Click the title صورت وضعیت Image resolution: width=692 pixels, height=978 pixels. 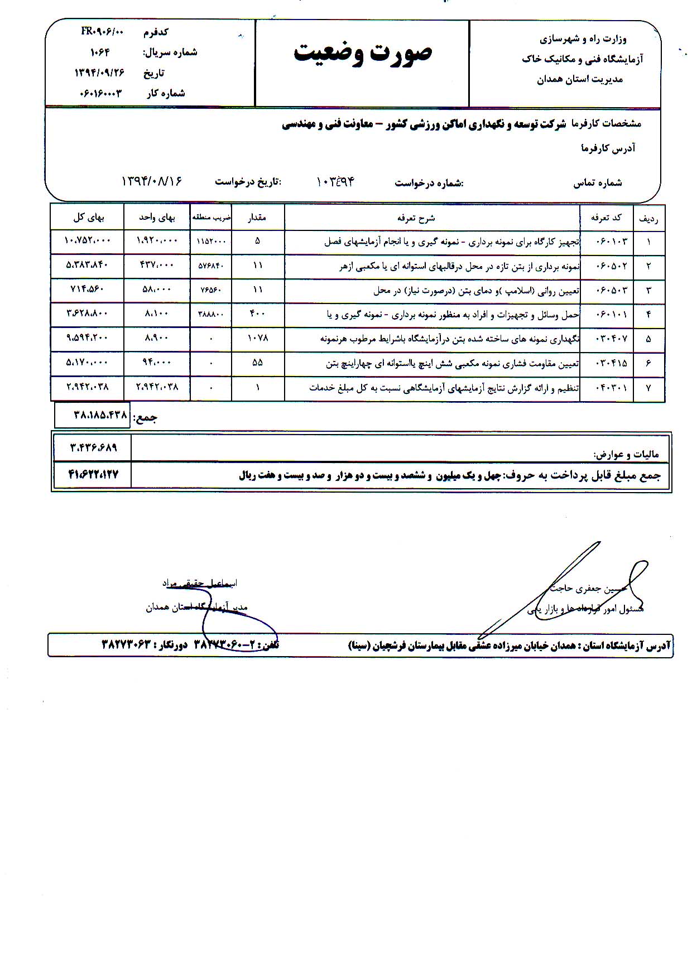pyautogui.click(x=363, y=53)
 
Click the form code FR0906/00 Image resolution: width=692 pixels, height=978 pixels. pyautogui.click(x=101, y=32)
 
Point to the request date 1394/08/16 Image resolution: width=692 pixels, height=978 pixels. pyautogui.click(x=152, y=182)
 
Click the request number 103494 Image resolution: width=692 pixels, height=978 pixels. pyautogui.click(x=335, y=182)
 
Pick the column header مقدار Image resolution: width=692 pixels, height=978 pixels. pyautogui.click(x=257, y=218)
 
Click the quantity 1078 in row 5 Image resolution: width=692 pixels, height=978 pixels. pyautogui.click(x=257, y=338)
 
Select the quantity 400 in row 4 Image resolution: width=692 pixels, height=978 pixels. pyautogui.click(x=257, y=314)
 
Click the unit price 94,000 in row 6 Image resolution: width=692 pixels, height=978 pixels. pyautogui.click(x=156, y=363)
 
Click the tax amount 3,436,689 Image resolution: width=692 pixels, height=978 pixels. pyautogui.click(x=93, y=447)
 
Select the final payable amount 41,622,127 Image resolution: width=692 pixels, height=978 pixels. pyautogui.click(x=93, y=475)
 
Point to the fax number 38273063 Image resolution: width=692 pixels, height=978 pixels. pyautogui.click(x=127, y=644)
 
